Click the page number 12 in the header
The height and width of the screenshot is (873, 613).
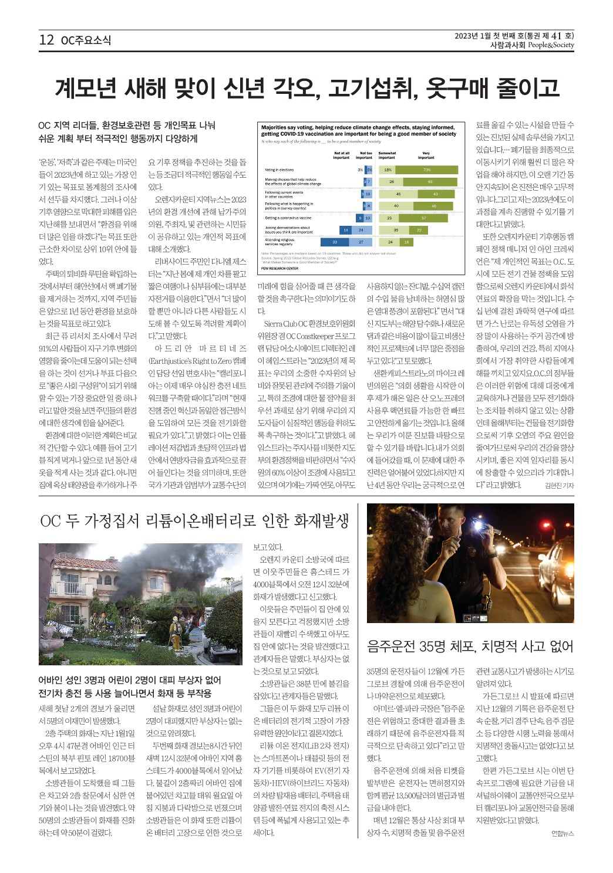(46, 40)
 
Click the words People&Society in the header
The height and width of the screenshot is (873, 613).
(551, 45)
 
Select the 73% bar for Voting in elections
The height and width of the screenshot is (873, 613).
(427, 170)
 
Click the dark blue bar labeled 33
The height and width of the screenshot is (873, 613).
(335, 242)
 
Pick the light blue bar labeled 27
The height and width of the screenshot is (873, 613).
(361, 242)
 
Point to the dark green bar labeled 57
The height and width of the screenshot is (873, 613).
(423, 218)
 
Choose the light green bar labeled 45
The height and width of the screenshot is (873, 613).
(398, 194)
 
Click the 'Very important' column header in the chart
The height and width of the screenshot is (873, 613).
(426, 155)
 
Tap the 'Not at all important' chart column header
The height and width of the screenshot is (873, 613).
(341, 155)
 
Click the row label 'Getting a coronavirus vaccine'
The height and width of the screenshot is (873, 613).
(288, 218)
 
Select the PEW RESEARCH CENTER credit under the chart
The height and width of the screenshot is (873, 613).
(279, 268)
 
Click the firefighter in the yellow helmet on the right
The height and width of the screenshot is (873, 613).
(174, 631)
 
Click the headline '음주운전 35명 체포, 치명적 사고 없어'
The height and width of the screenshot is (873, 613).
(470, 647)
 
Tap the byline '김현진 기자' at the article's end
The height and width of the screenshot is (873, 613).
(559, 485)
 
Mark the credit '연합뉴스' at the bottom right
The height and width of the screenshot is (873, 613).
(563, 833)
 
